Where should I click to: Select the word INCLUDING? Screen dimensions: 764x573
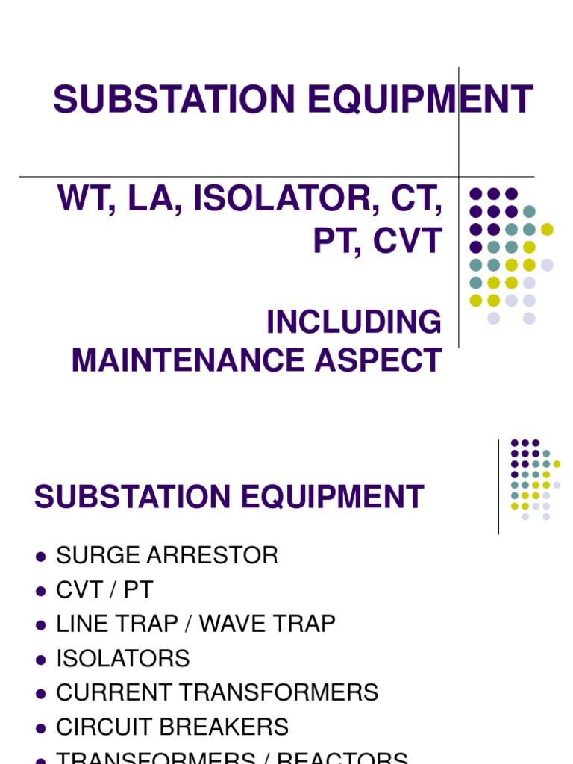(x=354, y=322)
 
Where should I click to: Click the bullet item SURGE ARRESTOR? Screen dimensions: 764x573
(x=167, y=555)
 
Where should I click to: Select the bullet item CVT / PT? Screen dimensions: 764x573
(x=104, y=589)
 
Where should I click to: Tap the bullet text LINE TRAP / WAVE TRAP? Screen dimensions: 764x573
(x=195, y=624)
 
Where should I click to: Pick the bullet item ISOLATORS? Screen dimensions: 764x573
(x=123, y=658)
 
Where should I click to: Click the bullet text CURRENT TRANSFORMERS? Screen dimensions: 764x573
(x=217, y=692)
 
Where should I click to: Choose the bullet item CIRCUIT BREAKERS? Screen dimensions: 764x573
(x=172, y=727)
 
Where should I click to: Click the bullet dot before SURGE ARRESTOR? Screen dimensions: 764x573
(x=40, y=556)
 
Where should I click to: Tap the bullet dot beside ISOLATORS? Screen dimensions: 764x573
(x=40, y=659)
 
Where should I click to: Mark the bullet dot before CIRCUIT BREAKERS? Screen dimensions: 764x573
(x=40, y=727)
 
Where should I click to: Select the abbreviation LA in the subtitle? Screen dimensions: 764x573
(x=156, y=199)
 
